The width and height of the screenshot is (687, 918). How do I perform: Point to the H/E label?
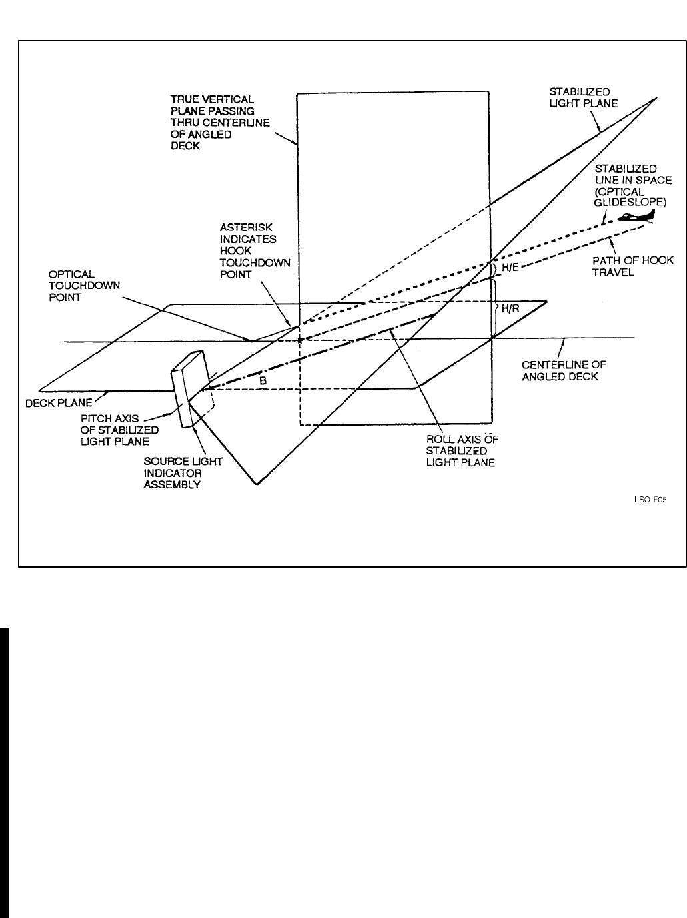click(x=510, y=268)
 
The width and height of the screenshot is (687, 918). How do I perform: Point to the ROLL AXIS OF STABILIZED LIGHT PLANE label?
click(x=460, y=451)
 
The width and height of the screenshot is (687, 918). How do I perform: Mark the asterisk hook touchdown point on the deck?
click(x=299, y=340)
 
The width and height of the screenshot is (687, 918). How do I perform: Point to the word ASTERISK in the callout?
click(x=246, y=228)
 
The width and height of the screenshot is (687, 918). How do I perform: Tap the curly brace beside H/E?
click(x=494, y=268)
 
